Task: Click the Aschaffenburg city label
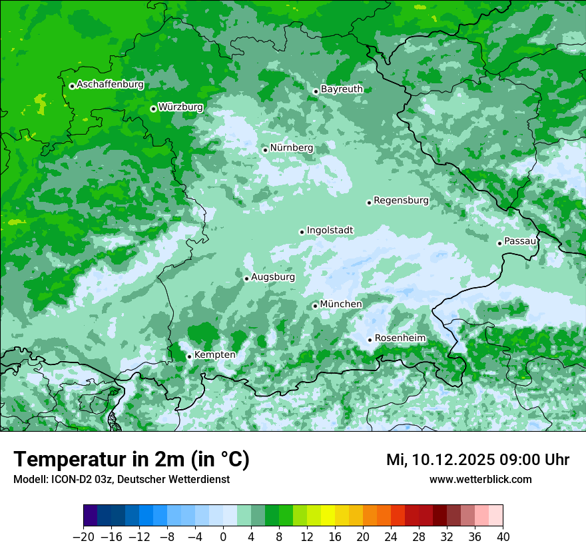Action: (110, 85)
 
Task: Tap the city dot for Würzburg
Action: (153, 109)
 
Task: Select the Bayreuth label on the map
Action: (342, 89)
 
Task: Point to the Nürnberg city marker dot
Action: (265, 150)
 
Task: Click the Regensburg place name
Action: (401, 201)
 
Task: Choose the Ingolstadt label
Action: (330, 231)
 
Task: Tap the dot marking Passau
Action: (499, 243)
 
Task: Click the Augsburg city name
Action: (273, 277)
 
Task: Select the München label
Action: (341, 304)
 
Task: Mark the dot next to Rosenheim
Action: (370, 340)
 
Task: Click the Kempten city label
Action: (214, 355)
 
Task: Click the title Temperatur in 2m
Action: (131, 460)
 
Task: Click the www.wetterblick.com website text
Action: (480, 480)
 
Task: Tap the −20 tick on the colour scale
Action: (83, 537)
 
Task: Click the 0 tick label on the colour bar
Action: (223, 537)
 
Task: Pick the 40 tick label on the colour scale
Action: (503, 537)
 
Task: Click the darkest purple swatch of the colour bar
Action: (91, 515)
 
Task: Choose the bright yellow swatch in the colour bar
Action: (328, 515)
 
